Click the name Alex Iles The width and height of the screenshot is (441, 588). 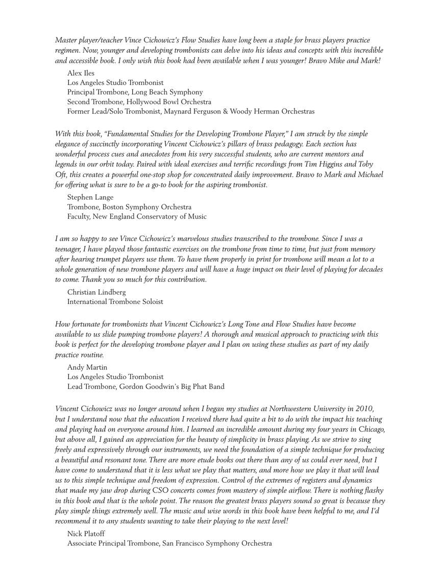81,73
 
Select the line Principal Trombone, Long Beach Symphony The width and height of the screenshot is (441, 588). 135,92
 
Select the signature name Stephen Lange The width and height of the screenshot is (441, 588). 90,197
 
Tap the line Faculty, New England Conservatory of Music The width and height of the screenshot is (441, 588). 137,217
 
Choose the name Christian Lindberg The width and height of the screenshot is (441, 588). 96,292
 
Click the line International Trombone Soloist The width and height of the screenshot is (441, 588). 115,302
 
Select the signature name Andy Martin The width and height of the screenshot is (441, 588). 87,367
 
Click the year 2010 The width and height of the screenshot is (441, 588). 365,409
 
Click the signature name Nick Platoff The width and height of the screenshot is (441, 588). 86,533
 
